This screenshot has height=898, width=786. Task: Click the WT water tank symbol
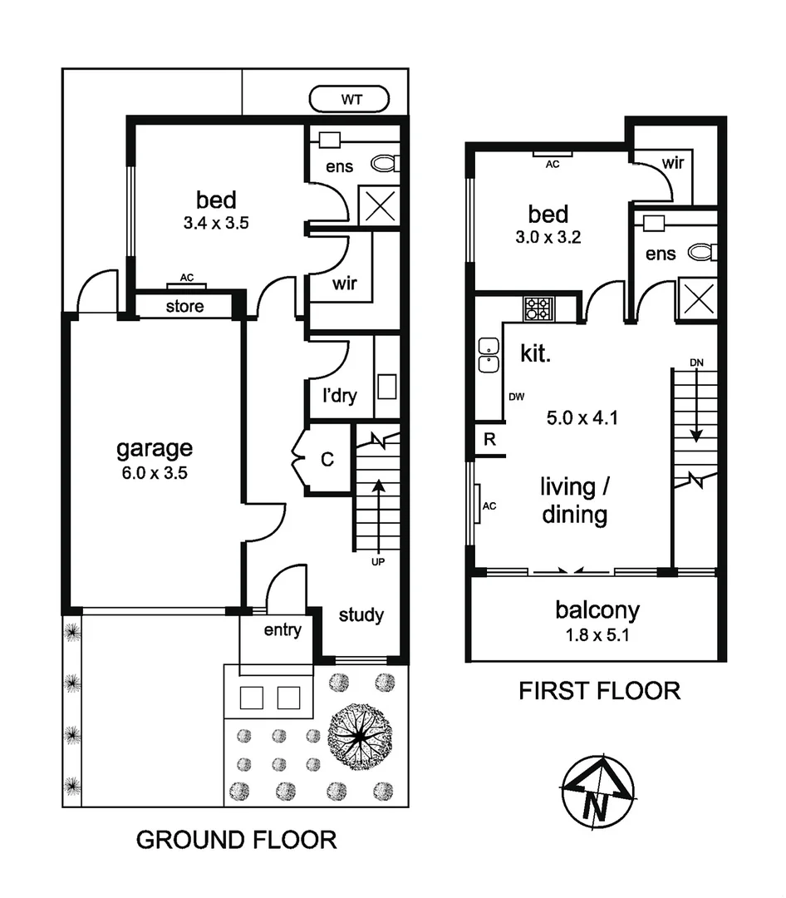point(350,100)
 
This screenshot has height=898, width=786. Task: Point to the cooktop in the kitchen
point(537,308)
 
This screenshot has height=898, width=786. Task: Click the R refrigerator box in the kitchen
point(489,440)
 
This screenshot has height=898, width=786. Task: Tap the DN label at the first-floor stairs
point(695,363)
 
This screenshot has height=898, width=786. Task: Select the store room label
point(184,306)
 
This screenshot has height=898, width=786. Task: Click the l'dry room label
point(339,396)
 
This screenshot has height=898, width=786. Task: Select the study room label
point(361,615)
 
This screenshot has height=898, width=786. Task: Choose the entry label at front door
point(282,630)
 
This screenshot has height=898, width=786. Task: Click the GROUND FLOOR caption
point(236,840)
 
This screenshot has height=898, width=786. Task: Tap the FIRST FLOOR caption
point(599,690)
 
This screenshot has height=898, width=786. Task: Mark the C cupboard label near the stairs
point(327,459)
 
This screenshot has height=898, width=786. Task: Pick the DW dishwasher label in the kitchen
point(517,397)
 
